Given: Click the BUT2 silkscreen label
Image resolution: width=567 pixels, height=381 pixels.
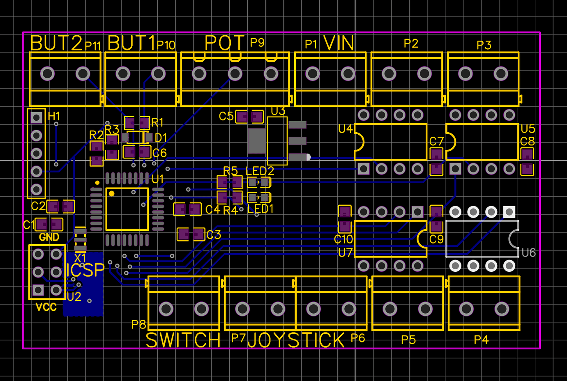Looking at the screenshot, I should coord(56,43).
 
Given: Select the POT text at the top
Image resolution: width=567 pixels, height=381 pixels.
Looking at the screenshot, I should coord(224,43).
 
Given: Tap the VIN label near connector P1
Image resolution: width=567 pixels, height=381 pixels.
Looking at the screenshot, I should coord(339,43).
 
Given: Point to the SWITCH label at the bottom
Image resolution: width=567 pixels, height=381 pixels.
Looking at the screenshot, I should coord(183,340).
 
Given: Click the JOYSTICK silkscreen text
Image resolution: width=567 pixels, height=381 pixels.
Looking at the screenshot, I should coord(296,340).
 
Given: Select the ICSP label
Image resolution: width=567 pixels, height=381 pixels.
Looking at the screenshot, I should coord(86,270).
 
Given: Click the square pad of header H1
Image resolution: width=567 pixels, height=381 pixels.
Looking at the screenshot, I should coord(37,118).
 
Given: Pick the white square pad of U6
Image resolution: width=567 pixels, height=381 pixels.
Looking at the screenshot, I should coord(509,212).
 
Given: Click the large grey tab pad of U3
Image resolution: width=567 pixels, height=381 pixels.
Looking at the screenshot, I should coord(257,141).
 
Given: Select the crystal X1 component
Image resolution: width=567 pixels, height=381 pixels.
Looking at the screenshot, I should coord(80,239).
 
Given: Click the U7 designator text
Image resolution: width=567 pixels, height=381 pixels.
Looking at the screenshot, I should coord(345,252).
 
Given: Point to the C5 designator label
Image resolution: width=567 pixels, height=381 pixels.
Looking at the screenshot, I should coord(226,117).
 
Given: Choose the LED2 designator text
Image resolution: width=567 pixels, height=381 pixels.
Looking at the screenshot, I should coord(260,171).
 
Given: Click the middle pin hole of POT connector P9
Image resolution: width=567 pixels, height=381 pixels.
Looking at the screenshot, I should coord(235,74).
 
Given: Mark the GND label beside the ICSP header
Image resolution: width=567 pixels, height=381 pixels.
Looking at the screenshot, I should coord(49,237).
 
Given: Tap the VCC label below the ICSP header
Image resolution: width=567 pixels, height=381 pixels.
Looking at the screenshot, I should coord(46,307).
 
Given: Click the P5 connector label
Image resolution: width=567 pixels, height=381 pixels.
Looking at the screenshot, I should coord(408,340).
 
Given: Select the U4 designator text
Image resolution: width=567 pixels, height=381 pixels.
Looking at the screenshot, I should coord(345,129).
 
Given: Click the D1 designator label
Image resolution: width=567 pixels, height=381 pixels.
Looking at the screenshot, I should coord(161,138).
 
